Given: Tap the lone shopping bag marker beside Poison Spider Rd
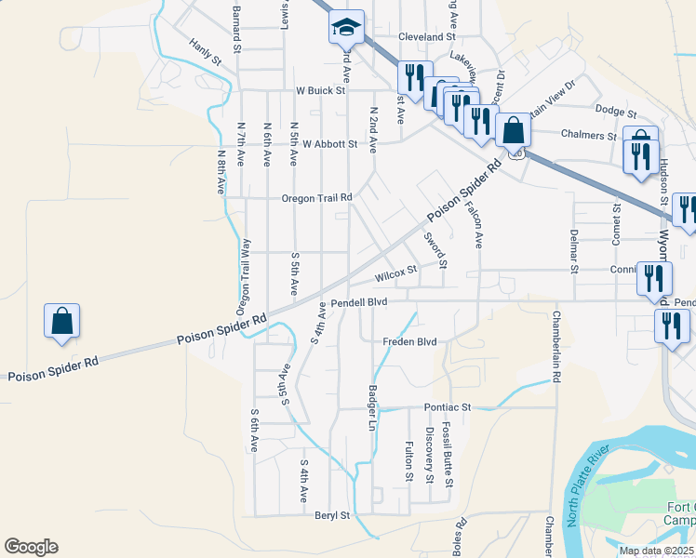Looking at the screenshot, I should click(x=61, y=322).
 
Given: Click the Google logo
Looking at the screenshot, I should click(x=31, y=547).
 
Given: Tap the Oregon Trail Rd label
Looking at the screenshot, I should click(x=318, y=198).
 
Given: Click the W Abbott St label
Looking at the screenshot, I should click(x=330, y=144).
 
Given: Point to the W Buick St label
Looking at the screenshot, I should click(x=321, y=91).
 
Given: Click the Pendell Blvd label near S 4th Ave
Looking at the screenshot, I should click(x=358, y=302).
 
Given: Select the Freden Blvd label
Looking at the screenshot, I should click(x=409, y=342).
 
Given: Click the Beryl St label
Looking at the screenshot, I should click(x=331, y=514).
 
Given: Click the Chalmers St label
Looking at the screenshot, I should click(x=588, y=134).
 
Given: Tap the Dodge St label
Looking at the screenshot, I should click(x=615, y=110).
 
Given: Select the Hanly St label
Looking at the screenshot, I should click(x=205, y=52).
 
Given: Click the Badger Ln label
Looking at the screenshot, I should click(x=372, y=408).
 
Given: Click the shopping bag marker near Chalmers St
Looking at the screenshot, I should click(x=513, y=131).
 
